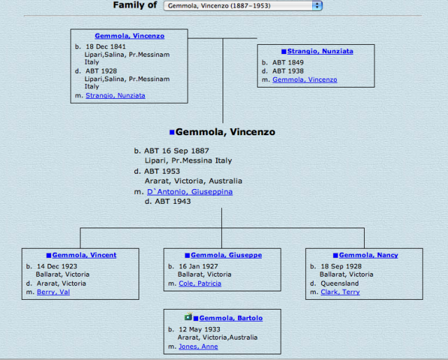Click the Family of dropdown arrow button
[x=318, y=6]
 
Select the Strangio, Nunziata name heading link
[x=320, y=51]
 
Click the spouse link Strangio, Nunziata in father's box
[x=115, y=95]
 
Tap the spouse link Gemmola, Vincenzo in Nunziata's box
[x=304, y=80]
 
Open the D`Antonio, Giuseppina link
[x=190, y=191]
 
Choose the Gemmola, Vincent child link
[x=84, y=255]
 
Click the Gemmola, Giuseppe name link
[x=226, y=255]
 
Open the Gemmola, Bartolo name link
[x=231, y=318]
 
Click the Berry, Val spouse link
[x=53, y=292]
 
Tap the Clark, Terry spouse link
[x=340, y=292]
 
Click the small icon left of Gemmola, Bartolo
[x=188, y=317]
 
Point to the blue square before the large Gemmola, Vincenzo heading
[x=171, y=132]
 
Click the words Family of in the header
[x=135, y=6]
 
